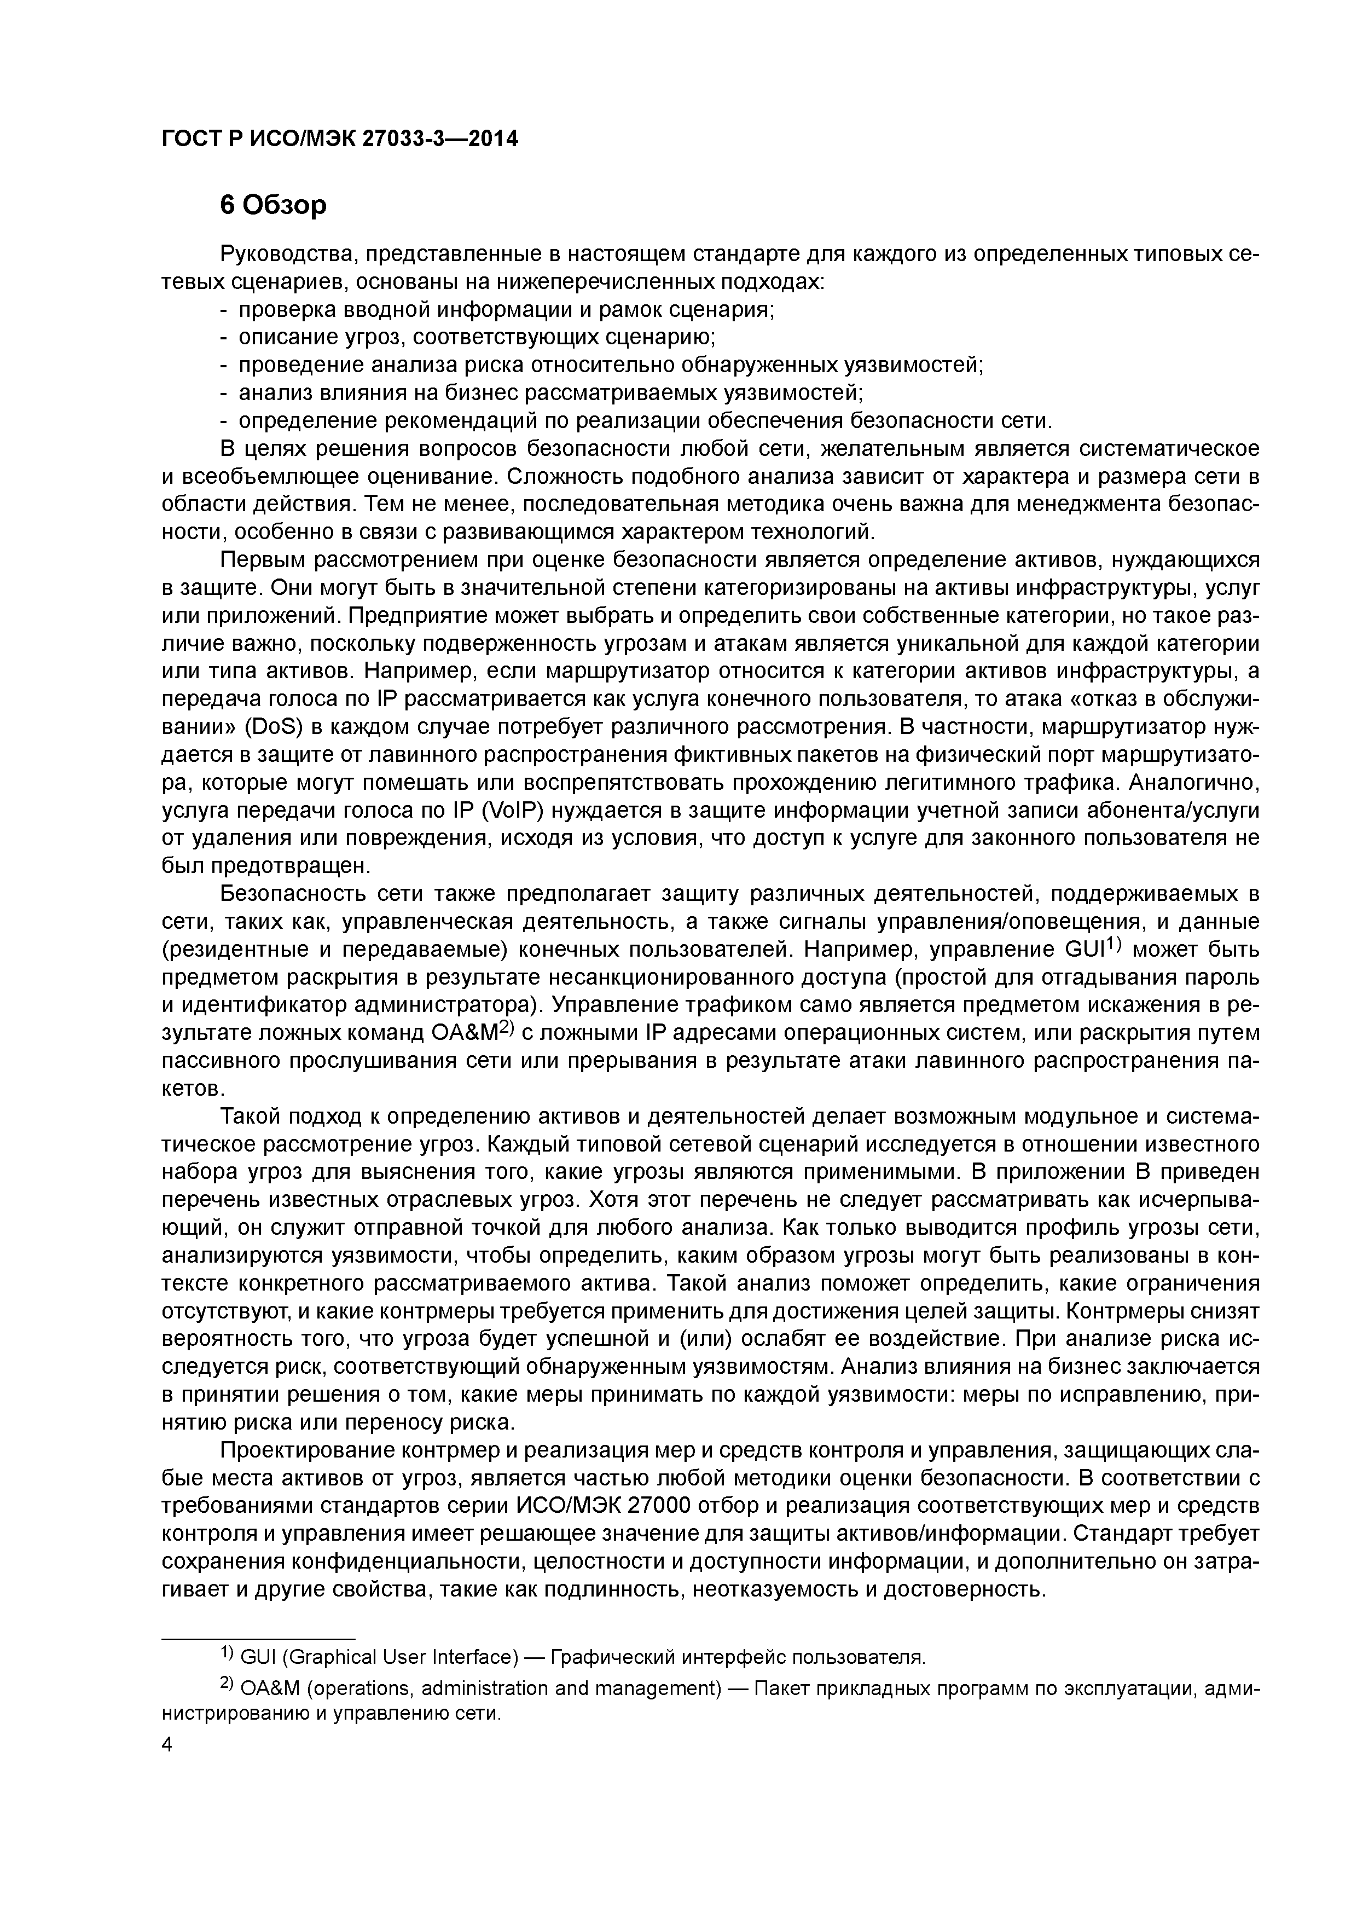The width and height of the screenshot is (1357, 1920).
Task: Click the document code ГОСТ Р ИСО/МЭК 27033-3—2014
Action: (x=339, y=139)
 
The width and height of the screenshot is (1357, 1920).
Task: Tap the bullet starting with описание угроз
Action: (x=468, y=337)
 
